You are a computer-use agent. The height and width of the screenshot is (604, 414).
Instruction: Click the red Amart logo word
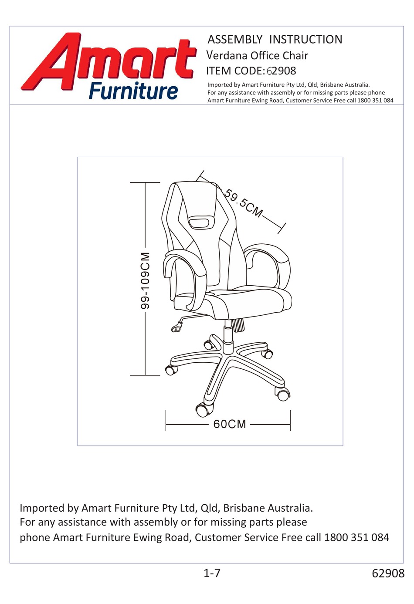click(x=109, y=61)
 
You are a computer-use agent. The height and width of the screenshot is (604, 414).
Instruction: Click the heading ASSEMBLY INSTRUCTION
click(x=275, y=40)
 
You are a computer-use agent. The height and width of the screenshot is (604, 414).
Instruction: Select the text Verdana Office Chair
click(x=257, y=56)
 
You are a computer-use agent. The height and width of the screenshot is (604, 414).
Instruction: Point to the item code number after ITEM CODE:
click(x=282, y=71)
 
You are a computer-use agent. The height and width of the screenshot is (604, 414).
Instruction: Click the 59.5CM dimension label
click(x=244, y=203)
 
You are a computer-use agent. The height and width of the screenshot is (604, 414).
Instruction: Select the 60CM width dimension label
click(x=230, y=424)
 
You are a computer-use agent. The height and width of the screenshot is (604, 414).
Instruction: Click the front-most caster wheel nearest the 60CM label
click(x=202, y=409)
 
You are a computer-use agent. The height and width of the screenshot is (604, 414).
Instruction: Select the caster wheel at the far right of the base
click(x=283, y=395)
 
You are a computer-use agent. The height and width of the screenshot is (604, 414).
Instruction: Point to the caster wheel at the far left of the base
click(x=170, y=370)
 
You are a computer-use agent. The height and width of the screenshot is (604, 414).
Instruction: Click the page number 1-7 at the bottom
click(x=212, y=573)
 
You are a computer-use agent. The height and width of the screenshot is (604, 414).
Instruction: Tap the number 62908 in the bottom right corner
click(x=388, y=574)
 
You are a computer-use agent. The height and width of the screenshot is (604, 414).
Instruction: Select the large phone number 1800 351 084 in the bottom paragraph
click(x=356, y=537)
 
